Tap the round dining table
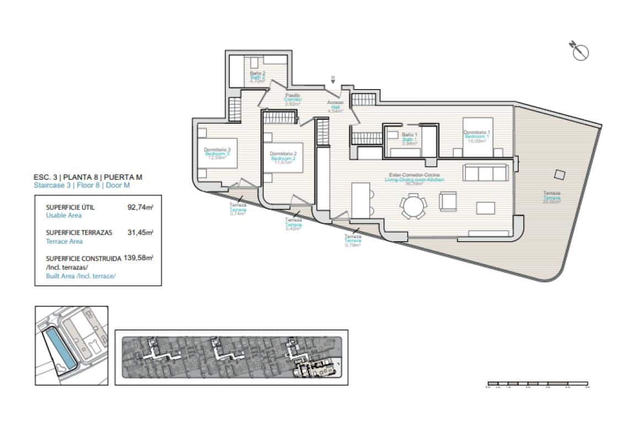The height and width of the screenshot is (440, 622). coord(413,207)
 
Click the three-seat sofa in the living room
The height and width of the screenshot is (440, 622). coord(486,173)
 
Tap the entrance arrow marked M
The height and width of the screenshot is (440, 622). coord(333,79)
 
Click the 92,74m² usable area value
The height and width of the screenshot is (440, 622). coord(140,208)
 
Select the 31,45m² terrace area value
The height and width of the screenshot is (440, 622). coord(140,233)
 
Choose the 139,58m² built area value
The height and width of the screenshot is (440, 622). coord(138,257)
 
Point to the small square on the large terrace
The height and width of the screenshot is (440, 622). coord(560,175)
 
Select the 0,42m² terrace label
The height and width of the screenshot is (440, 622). coord(293,224)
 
